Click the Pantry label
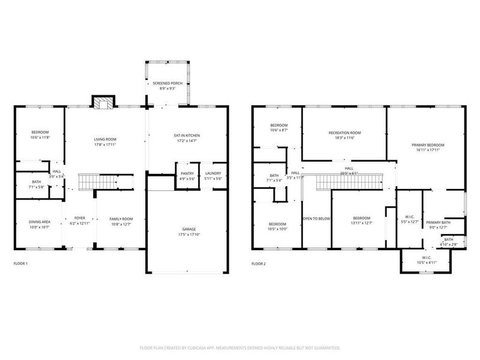(x=186, y=173)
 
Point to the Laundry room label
(x=213, y=173)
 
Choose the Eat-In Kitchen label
(x=187, y=136)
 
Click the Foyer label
(x=80, y=218)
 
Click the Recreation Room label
(x=344, y=133)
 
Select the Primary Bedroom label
(x=428, y=145)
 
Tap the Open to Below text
(x=316, y=218)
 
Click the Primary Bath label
(x=437, y=222)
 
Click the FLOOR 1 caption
(x=20, y=263)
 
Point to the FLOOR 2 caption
(x=259, y=263)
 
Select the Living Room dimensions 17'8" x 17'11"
(x=104, y=145)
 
